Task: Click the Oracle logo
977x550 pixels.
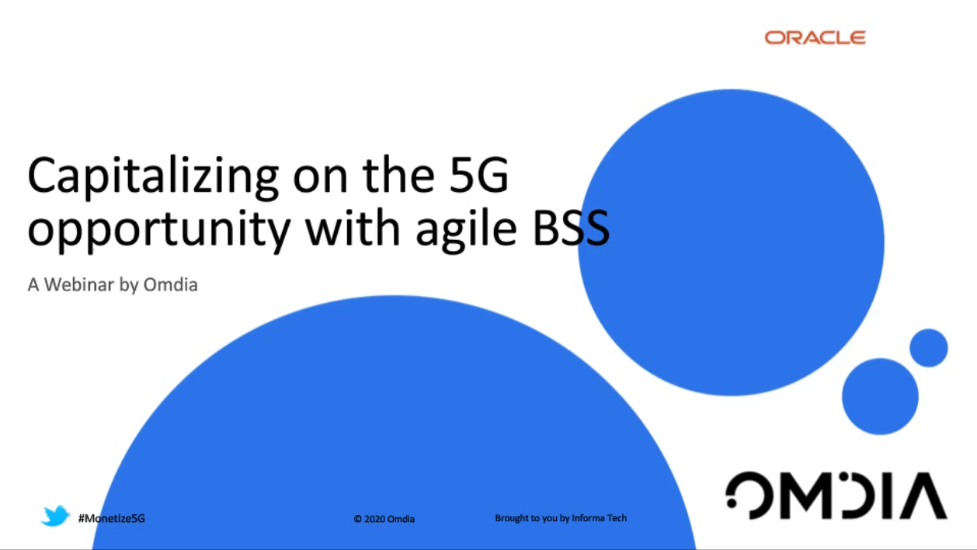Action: point(815,37)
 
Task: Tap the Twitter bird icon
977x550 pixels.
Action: point(55,516)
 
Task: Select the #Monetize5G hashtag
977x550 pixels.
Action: point(111,518)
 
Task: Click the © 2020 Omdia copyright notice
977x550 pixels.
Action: point(384,519)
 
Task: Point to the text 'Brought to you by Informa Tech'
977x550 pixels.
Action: point(561,518)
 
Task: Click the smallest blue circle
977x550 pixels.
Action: point(928,347)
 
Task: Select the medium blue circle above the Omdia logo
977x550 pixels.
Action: point(880,396)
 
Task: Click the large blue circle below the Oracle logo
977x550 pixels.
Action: point(731,242)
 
